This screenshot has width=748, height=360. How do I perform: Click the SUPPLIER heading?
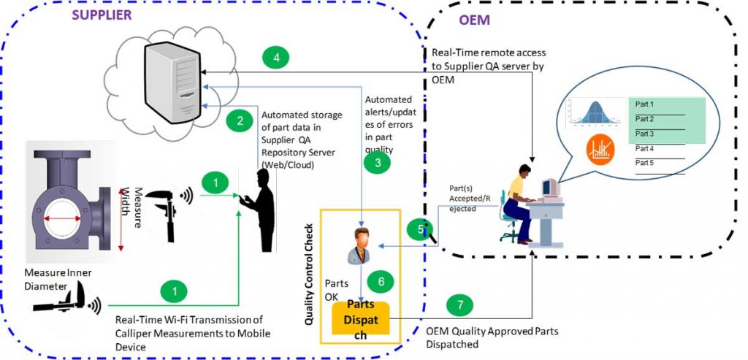(101, 14)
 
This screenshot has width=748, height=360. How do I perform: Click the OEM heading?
(475, 20)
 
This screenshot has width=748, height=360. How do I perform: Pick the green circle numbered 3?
(377, 163)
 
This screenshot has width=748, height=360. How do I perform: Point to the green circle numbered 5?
(419, 230)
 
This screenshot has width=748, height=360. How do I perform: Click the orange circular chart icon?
(600, 151)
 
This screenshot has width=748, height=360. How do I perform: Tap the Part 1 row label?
(644, 104)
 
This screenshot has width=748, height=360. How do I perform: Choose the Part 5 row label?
(644, 163)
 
